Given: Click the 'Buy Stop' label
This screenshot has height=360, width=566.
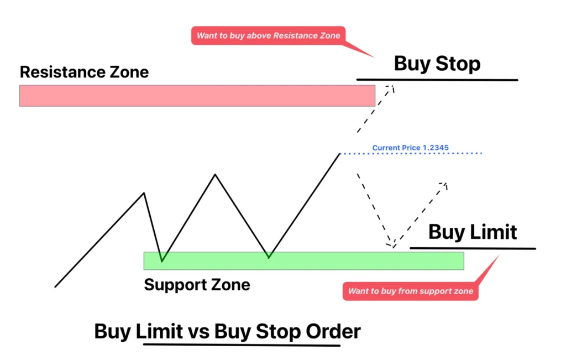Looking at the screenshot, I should [437, 64].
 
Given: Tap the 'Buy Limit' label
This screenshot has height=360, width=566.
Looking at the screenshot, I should [473, 232].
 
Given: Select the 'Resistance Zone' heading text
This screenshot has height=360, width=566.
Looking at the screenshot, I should [84, 72].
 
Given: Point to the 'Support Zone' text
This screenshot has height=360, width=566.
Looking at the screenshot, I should [197, 285].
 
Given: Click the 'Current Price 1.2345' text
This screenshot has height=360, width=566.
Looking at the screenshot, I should [410, 148].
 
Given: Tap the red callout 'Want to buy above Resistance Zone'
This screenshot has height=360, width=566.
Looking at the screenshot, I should [269, 36].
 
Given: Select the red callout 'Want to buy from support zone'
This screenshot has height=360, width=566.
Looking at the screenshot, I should [410, 291].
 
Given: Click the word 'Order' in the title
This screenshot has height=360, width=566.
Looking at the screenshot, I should [332, 331].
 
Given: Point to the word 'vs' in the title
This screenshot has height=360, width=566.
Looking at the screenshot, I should [198, 331].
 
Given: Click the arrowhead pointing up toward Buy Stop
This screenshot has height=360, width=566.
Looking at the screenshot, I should [392, 86].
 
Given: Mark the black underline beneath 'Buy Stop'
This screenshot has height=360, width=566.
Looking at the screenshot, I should [437, 80].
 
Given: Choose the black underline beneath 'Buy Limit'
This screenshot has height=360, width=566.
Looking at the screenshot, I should [473, 248].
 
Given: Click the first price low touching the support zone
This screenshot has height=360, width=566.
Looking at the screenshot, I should [161, 260].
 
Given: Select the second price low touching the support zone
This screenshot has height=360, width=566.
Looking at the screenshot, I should [269, 258].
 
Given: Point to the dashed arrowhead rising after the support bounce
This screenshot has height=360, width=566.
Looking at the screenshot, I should [444, 184].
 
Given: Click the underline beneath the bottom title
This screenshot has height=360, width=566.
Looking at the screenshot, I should [242, 345].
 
